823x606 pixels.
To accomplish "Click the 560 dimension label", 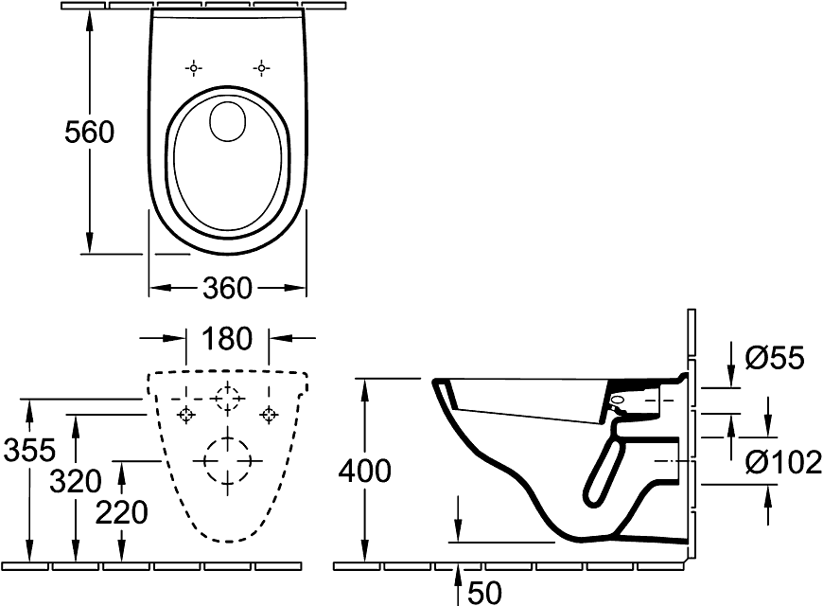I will tap(89, 132).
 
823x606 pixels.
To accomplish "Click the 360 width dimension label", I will tap(228, 287).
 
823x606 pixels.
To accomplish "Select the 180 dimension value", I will tap(227, 338).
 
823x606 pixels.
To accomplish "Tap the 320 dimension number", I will tap(75, 481).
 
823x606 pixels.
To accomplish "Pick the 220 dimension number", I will tap(122, 512).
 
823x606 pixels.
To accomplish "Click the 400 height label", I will tap(364, 470).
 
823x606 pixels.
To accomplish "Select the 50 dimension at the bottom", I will tap(483, 593).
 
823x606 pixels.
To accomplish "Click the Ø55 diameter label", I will tap(774, 357).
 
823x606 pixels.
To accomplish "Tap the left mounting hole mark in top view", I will tap(194, 68).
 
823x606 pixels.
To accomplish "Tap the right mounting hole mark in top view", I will tap(261, 68).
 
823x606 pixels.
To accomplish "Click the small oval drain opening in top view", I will tap(227, 121).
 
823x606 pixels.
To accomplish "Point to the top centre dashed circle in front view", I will tap(227, 398).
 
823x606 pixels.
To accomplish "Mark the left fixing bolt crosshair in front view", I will tap(186, 415).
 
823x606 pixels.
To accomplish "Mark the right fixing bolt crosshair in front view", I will tap(269, 415).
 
